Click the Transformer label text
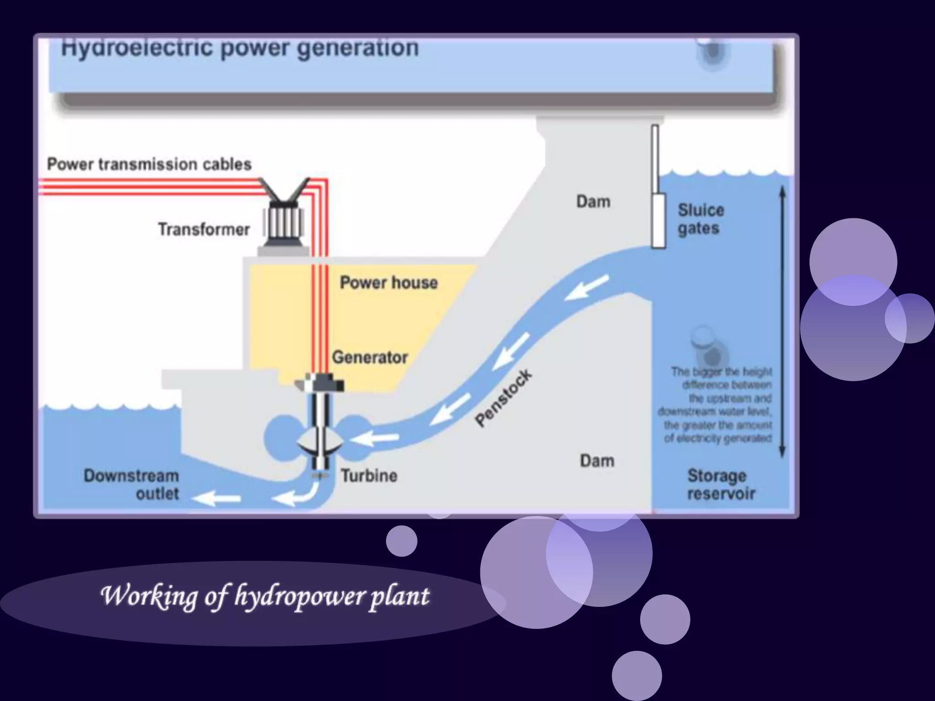(204, 229)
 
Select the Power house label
(389, 282)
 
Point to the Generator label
(370, 357)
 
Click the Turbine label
(369, 476)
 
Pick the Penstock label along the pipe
(503, 398)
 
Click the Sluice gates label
(700, 219)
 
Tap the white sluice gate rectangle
(658, 220)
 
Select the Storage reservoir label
(720, 484)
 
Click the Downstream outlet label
(132, 484)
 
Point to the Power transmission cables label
(149, 164)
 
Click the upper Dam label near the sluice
(593, 201)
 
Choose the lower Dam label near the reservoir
(597, 460)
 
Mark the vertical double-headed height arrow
(782, 322)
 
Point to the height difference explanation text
(717, 405)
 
